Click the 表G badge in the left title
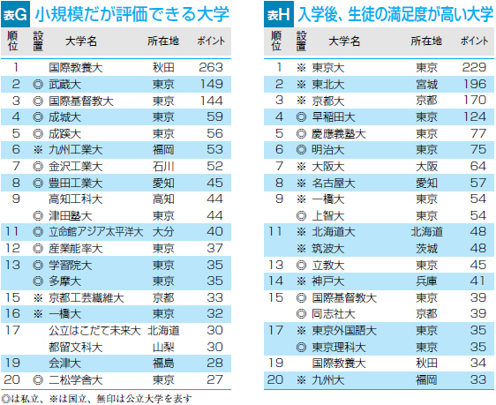[15, 14]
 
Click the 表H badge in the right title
[279, 14]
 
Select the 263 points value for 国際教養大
[211, 67]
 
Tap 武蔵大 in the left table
[64, 85]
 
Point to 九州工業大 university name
[76, 149]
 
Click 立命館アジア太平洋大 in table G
[96, 232]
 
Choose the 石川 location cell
[163, 166]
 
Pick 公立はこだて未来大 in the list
[94, 331]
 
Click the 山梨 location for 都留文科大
[163, 347]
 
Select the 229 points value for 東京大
[474, 67]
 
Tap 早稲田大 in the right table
[334, 117]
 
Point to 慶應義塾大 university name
[339, 134]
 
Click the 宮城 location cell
[426, 85]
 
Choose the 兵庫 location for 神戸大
[426, 281]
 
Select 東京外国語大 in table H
[344, 331]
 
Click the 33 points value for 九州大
[478, 379]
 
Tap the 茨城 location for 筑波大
[426, 249]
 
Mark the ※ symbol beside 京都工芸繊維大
[38, 298]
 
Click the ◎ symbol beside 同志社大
[301, 314]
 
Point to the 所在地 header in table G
[163, 41]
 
